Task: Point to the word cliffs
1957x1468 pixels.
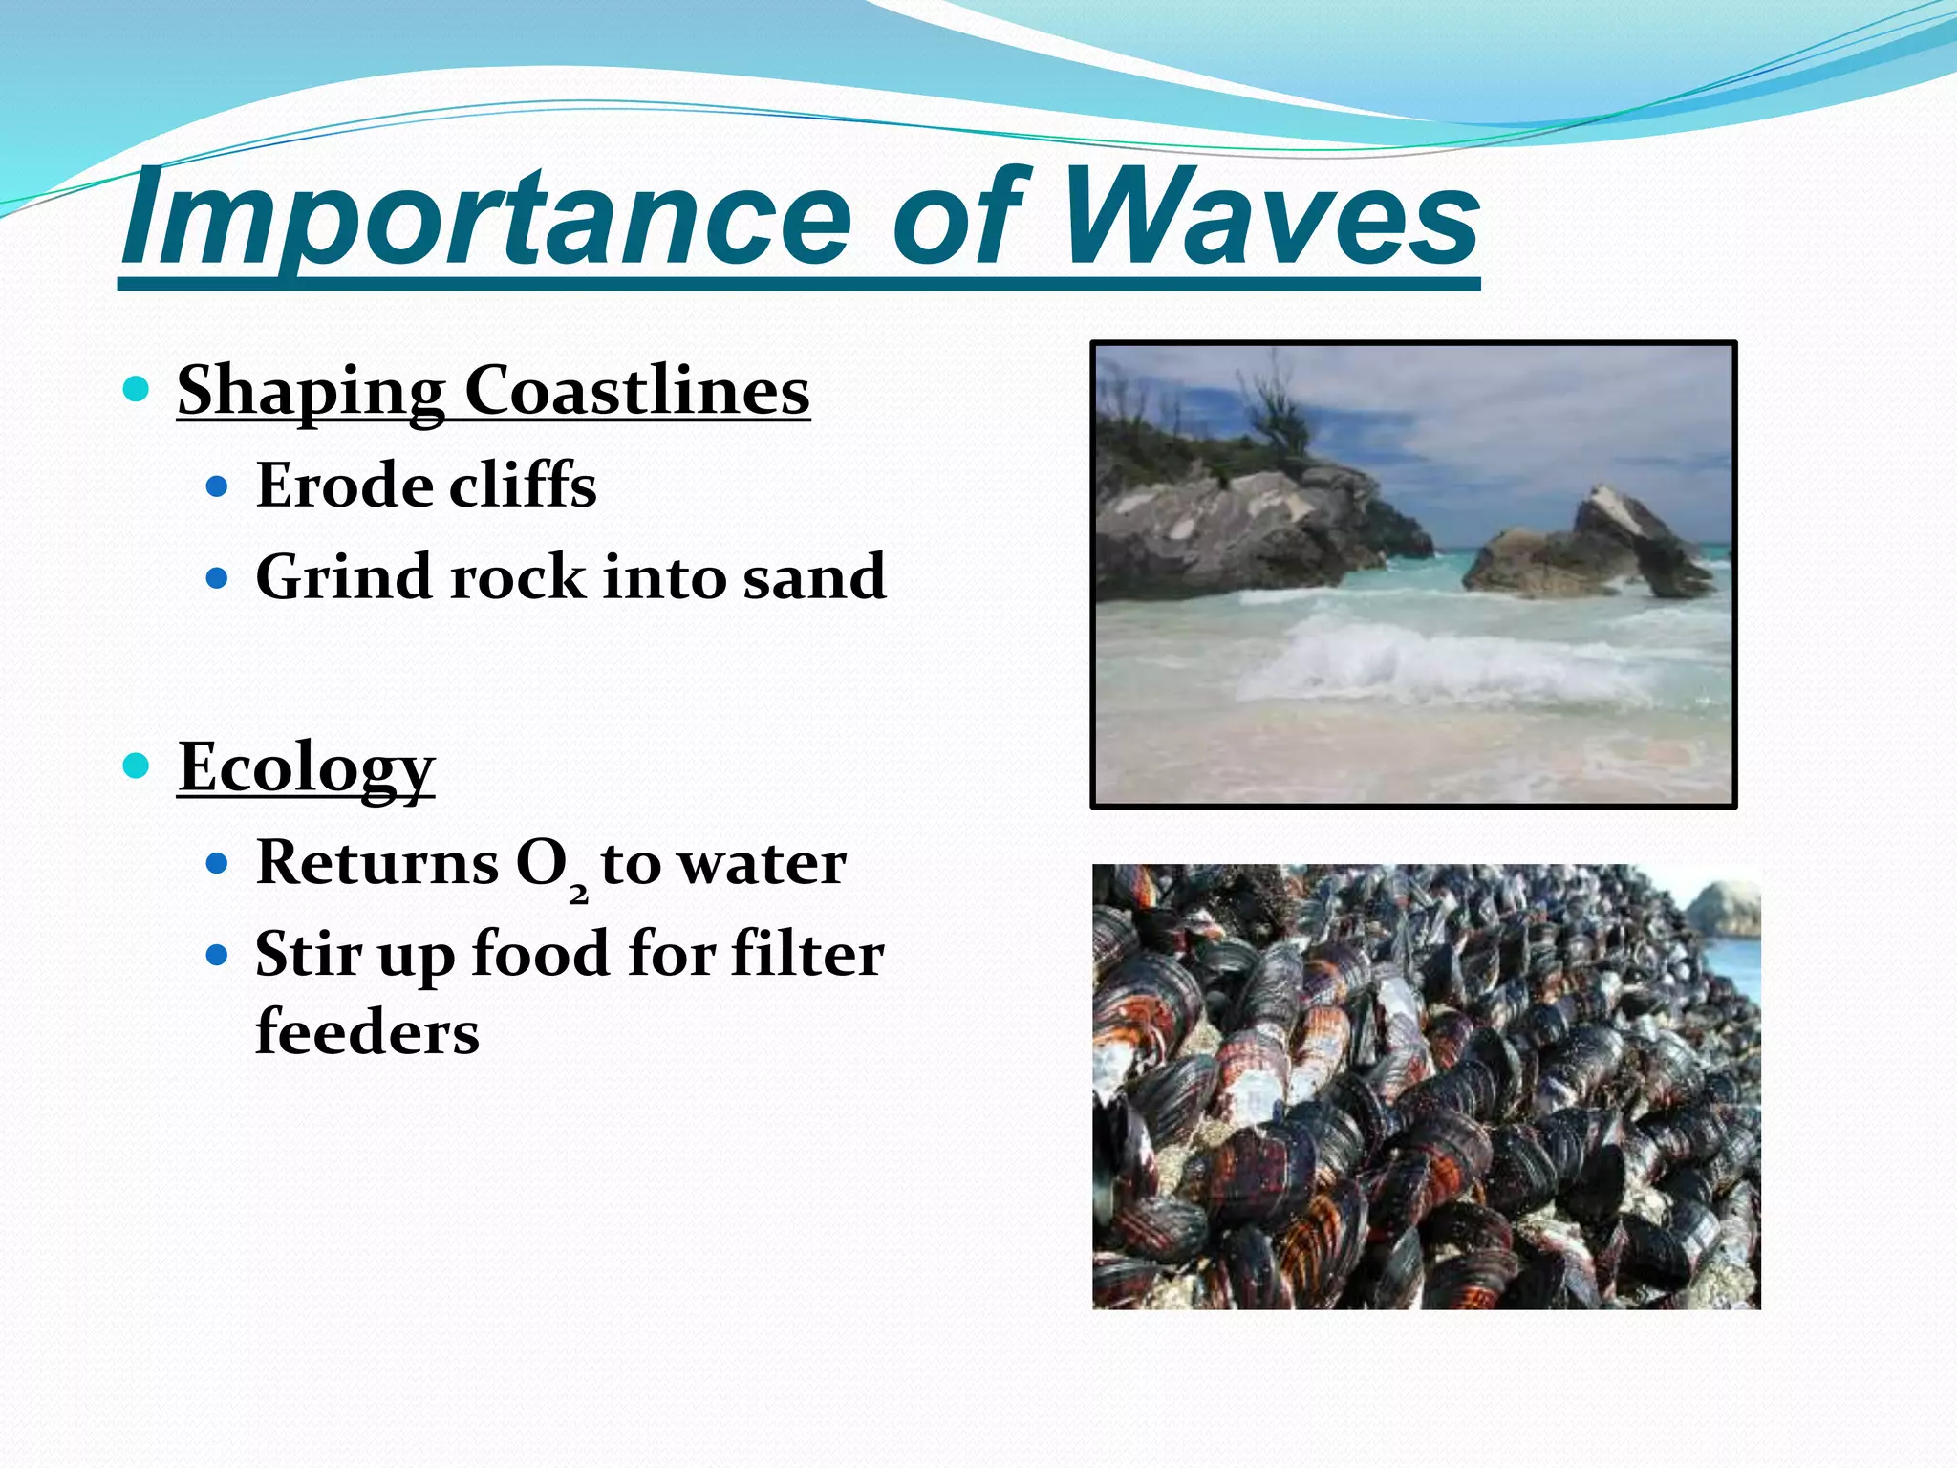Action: point(523,485)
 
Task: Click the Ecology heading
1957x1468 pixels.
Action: point(307,767)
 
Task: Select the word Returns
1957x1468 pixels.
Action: point(377,863)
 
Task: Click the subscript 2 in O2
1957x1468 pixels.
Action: point(578,896)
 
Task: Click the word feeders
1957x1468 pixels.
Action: point(368,1032)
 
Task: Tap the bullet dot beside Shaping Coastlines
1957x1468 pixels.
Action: point(138,389)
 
